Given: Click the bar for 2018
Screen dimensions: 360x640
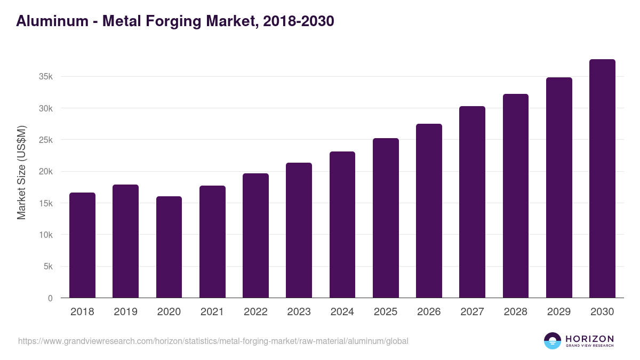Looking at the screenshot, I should pos(82,245).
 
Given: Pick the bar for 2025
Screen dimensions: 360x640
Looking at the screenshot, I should pos(386,218).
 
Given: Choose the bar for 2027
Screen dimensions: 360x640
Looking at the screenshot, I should pos(472,202).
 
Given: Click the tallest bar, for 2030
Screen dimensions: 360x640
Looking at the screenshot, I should pos(602,179).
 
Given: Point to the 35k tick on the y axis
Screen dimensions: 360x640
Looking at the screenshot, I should pos(46,77).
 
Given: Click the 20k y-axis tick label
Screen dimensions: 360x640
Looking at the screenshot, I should pos(46,172).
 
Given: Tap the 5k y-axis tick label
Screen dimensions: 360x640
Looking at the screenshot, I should pos(48,267).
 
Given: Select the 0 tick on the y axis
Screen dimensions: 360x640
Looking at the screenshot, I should pos(50,298).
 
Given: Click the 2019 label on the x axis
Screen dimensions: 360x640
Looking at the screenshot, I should pos(125,312).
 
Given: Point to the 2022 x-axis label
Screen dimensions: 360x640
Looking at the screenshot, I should pos(255,312).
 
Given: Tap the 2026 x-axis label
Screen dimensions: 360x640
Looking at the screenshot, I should pos(429,312).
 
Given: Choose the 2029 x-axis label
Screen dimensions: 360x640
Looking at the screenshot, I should pos(559,312).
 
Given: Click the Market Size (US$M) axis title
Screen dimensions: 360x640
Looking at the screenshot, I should pos(21,173).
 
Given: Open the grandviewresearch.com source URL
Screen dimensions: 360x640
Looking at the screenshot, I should pos(213,341).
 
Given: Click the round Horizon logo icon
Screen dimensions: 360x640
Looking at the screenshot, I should pos(553,341).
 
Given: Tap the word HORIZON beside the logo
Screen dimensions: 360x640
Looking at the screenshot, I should pos(589,338).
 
